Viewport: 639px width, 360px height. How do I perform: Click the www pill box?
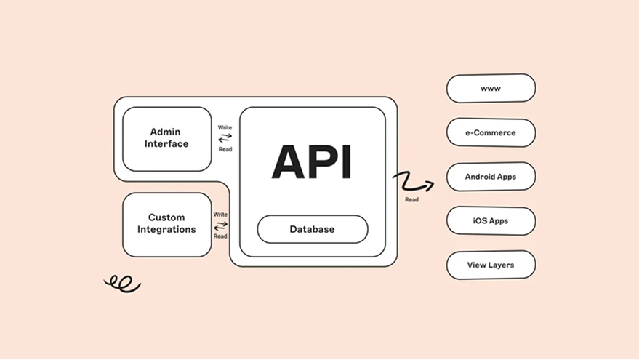491,89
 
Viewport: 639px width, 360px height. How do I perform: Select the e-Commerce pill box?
491,133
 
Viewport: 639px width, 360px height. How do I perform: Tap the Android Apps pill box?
491,177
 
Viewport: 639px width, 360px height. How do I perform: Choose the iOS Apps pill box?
491,221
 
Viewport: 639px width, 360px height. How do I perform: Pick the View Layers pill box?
491,265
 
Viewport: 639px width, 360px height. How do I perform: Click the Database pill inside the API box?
313,229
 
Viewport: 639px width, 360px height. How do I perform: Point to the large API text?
312,161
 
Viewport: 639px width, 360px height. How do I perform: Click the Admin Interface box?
166,138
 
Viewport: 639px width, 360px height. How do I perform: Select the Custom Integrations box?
166,223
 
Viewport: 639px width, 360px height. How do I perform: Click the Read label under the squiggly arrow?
412,199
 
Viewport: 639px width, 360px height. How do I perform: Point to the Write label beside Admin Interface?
225,127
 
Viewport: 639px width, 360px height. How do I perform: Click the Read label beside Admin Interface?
225,149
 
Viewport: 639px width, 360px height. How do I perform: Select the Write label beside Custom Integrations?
220,215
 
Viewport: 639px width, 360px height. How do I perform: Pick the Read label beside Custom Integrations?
220,236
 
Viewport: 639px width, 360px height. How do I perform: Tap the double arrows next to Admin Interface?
225,138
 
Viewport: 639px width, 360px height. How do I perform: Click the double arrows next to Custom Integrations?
220,225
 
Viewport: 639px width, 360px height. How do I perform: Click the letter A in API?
288,161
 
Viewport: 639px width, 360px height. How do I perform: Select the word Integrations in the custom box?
166,230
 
